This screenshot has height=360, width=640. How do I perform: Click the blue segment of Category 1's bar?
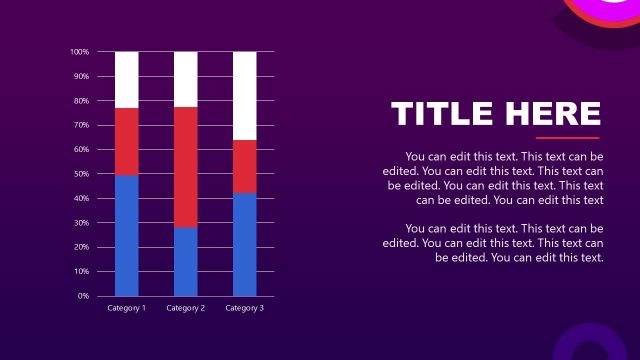tap(127, 235)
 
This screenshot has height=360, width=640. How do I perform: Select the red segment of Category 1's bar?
tap(127, 141)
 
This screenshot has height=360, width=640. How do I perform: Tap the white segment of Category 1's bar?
tap(127, 79)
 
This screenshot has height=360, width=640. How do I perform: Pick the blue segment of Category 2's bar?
tap(186, 261)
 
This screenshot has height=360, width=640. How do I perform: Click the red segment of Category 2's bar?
tap(186, 167)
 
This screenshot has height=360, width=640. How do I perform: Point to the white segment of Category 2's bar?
tap(186, 79)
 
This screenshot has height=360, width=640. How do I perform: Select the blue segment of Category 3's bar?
tap(245, 244)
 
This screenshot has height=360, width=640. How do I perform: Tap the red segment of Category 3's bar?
tap(245, 166)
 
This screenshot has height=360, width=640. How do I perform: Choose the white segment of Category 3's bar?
tap(245, 95)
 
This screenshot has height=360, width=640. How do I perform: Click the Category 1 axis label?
tap(127, 308)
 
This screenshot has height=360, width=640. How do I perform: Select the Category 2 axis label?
tap(186, 308)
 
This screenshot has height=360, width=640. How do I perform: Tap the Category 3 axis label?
tap(245, 308)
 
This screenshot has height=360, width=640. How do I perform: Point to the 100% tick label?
tap(80, 52)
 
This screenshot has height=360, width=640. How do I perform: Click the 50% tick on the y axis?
tap(81, 174)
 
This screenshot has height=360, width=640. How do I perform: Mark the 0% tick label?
tap(83, 296)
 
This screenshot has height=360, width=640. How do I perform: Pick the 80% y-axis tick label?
tap(81, 101)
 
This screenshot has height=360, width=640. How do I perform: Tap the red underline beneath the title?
tap(567, 138)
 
